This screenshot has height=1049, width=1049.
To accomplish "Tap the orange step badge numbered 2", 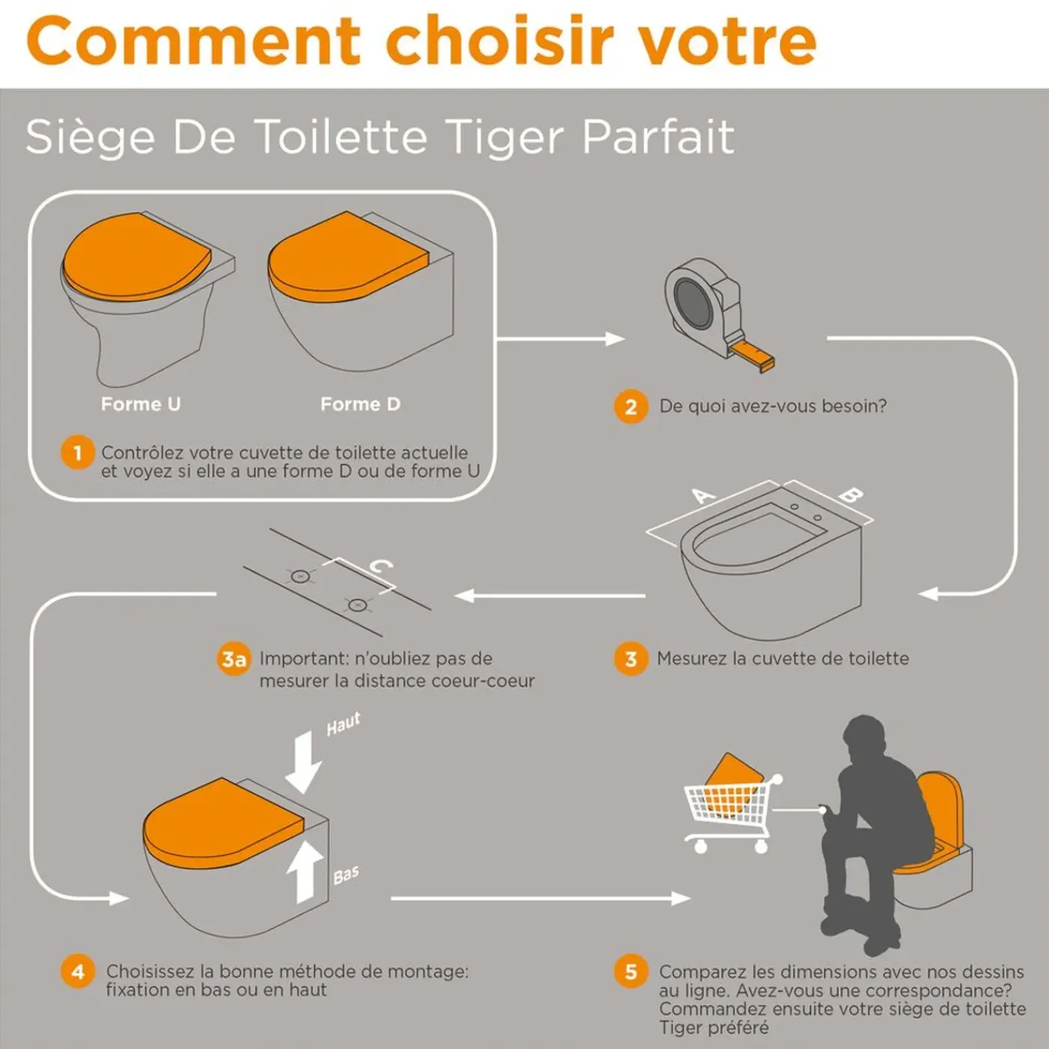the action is coord(631,407).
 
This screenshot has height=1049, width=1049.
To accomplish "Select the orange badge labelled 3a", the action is coord(234,659).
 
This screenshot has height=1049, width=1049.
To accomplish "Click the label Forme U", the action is coord(140,404).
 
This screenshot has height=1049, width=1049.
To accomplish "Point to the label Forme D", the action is coord(360,404).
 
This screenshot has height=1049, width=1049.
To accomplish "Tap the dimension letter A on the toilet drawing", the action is coord(704,496).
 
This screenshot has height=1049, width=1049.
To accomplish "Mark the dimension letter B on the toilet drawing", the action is coord(851,495).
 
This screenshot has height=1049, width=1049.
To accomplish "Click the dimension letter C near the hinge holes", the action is coord(381,566).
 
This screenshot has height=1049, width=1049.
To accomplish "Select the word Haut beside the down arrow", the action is coord(343,724).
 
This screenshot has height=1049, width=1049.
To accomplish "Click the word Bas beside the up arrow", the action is coord(345,875).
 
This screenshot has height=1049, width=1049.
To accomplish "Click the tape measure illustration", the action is coord(719,314).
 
